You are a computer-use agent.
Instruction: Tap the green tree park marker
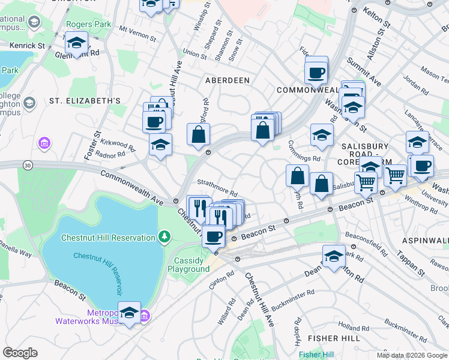point(164,238)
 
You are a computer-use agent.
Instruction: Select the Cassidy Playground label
point(192,265)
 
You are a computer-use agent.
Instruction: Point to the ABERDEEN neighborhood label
point(228,80)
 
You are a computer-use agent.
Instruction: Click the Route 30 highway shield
point(28,164)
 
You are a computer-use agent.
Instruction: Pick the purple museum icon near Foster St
point(44,143)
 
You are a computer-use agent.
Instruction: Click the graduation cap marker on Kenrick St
point(77,43)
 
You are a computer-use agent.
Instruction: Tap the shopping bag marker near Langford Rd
point(198,135)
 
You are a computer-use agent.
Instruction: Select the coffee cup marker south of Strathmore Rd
point(213,236)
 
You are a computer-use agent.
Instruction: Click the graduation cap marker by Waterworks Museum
point(129,313)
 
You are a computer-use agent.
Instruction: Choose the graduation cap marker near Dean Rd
point(334,257)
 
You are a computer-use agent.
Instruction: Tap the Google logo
point(20,353)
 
